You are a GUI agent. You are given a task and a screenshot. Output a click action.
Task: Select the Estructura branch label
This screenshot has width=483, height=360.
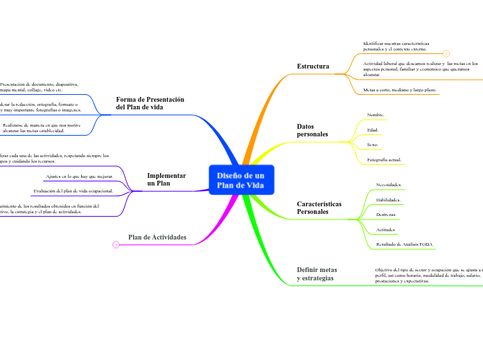point(313,66)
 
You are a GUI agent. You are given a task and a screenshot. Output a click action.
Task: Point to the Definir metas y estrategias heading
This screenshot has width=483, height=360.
point(317,273)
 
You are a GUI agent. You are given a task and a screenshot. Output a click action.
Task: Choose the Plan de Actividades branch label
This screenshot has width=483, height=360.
point(157,237)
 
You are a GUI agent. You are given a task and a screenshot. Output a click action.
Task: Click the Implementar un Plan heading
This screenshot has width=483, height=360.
point(166,179)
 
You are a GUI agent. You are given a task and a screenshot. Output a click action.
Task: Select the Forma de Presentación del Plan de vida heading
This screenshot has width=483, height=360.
point(150,103)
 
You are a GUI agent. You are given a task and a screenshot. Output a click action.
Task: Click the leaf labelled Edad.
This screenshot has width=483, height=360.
point(372,129)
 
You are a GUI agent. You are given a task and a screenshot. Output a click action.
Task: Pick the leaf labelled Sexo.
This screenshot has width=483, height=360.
point(372,145)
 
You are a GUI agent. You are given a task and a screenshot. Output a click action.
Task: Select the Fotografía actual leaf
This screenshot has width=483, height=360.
point(384,160)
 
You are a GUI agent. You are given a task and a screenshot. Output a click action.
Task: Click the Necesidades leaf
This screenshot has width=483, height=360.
point(388,185)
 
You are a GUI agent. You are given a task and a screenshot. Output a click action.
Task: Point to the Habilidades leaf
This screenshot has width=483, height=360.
point(387,199)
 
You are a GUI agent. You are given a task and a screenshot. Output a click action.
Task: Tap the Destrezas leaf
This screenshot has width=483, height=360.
point(385,215)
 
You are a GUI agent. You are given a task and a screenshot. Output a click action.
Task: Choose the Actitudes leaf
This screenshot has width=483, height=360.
point(385,229)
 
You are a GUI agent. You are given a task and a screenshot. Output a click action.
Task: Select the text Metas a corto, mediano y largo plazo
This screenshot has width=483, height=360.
point(399,90)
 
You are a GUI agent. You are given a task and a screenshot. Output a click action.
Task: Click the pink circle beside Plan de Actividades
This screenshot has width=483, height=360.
point(116,244)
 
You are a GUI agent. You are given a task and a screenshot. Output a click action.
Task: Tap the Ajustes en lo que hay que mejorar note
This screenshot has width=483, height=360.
point(85,177)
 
